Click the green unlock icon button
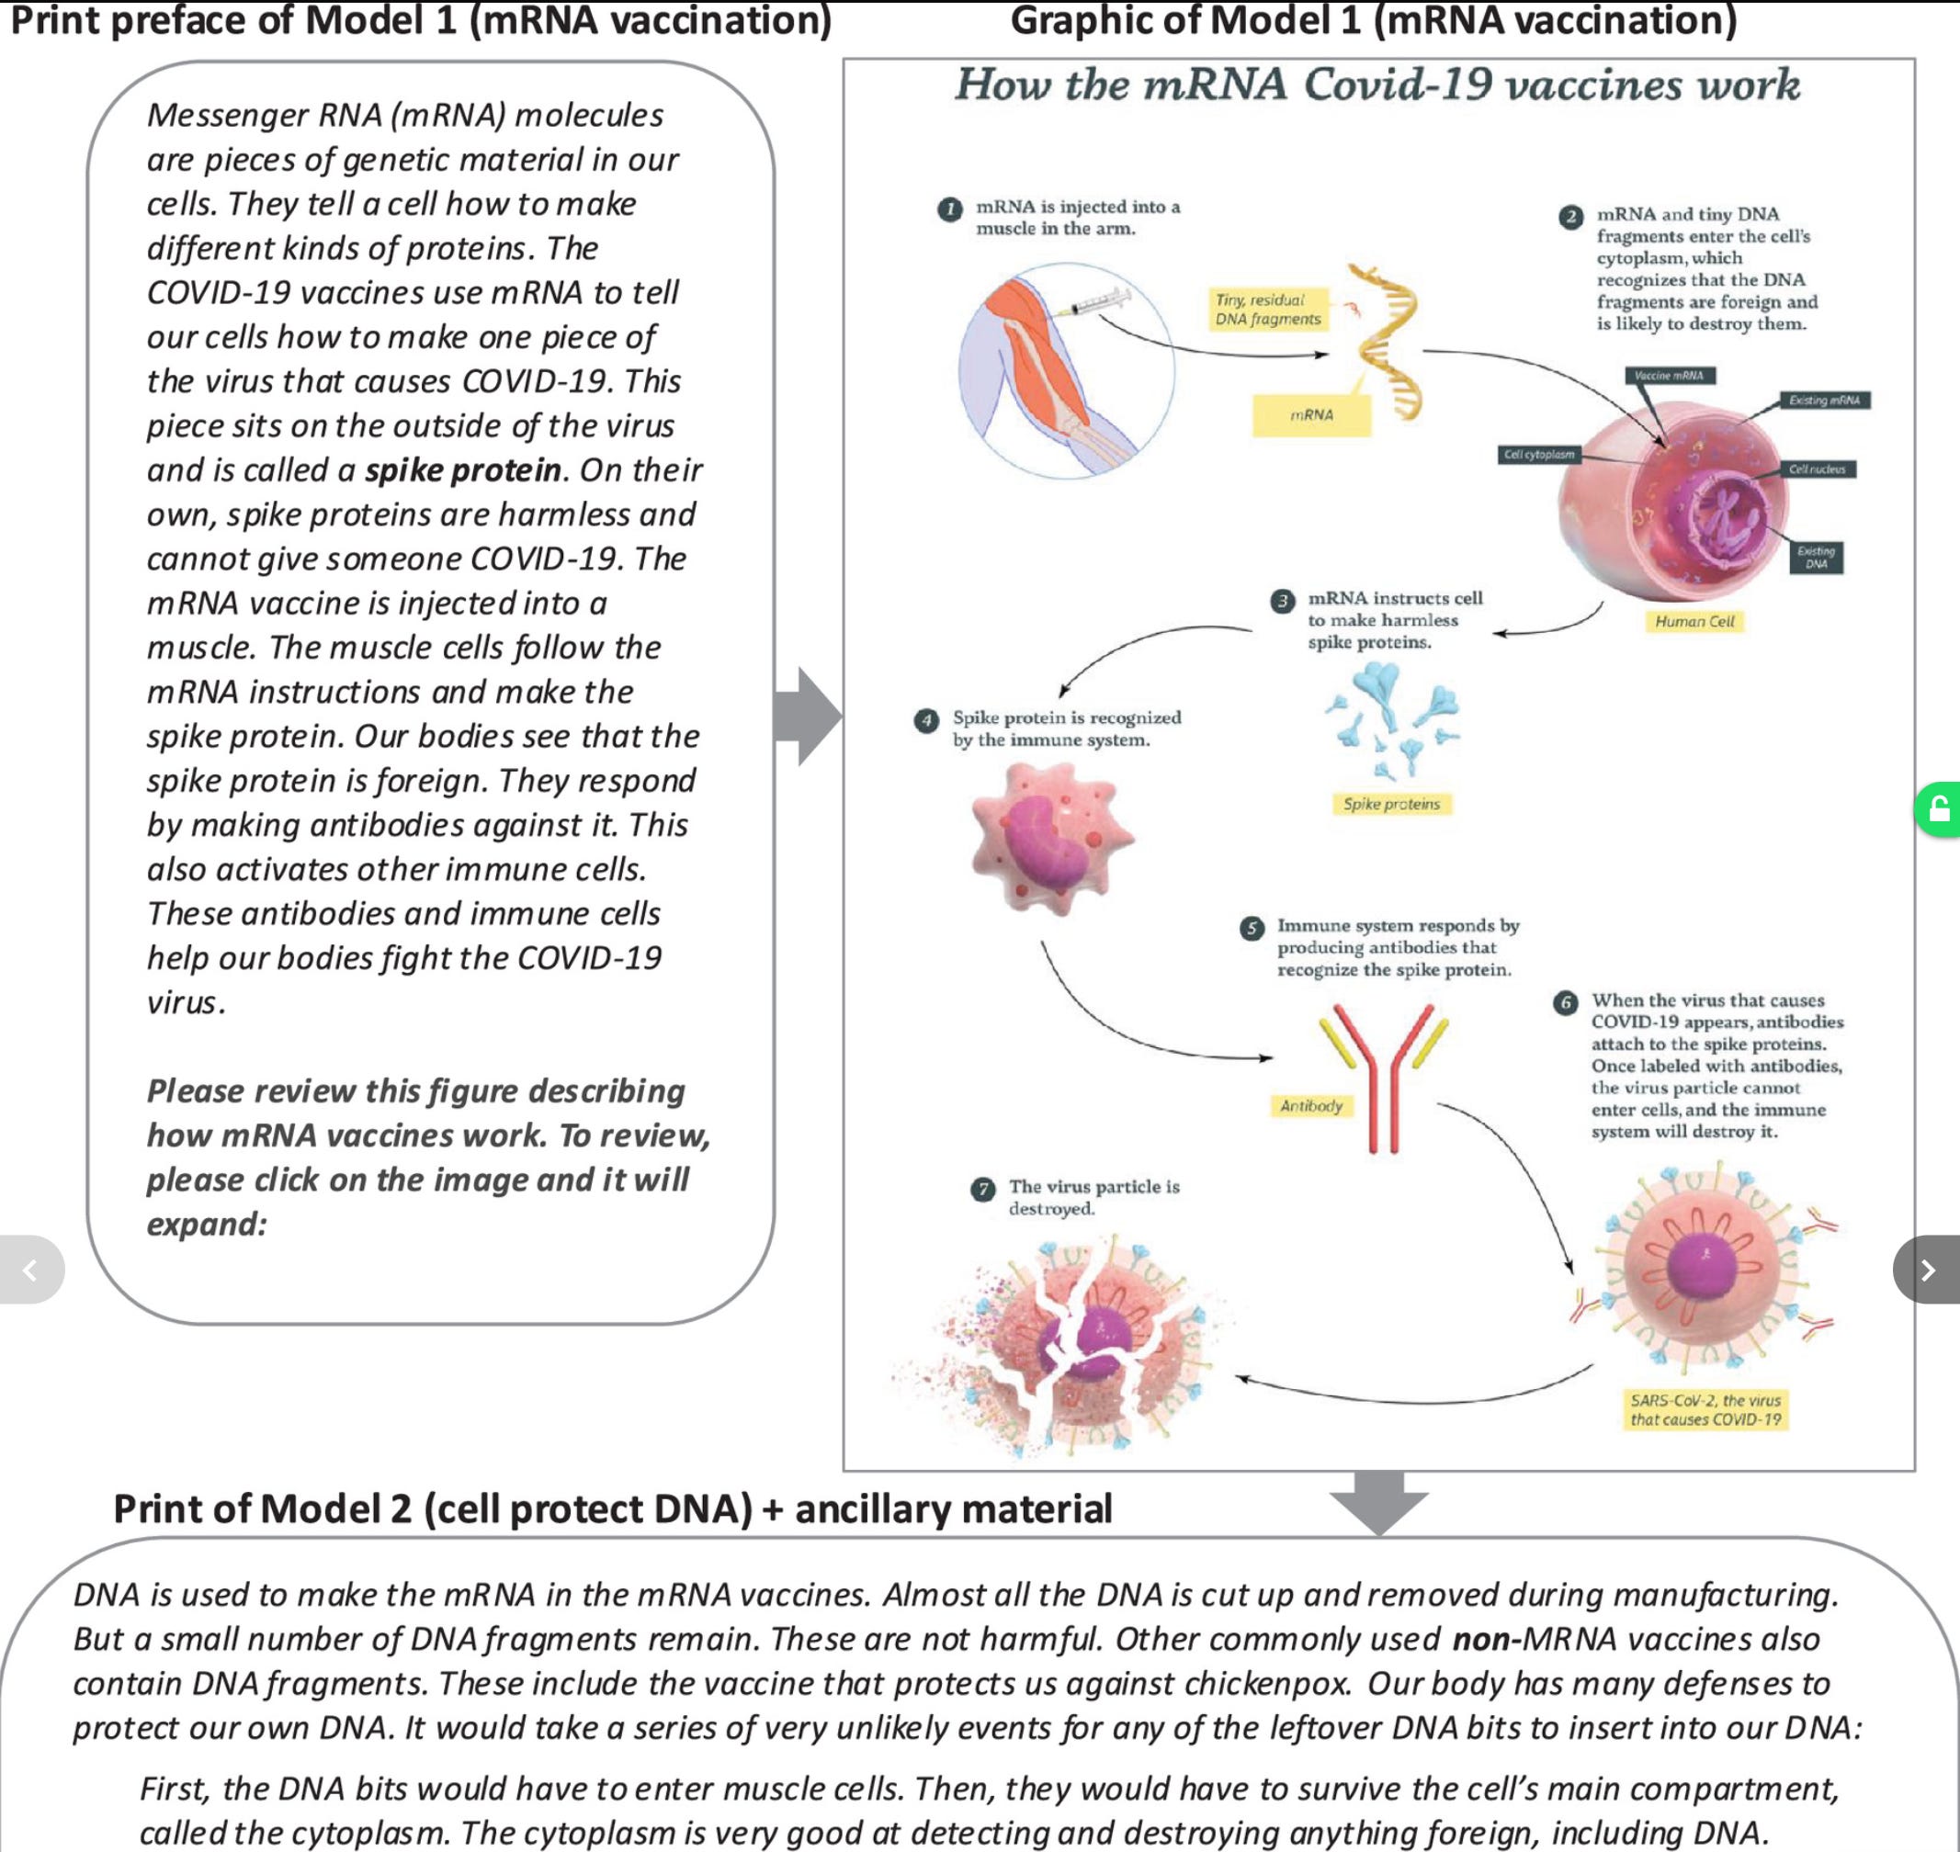pos(1938,809)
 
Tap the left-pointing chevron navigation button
pos(30,1270)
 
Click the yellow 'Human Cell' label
pos(1694,621)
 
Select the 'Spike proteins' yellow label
pos(1391,804)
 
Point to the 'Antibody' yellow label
pos(1311,1106)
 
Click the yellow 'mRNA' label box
pos(1311,414)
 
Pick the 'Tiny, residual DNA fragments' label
pos(1268,309)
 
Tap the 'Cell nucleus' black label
pos(1817,469)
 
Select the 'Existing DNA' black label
pos(1816,557)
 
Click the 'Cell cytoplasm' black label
pos(1538,454)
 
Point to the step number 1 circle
pos(950,209)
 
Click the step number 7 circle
pos(982,1189)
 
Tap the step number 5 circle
pos(1252,928)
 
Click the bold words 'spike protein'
pos(463,470)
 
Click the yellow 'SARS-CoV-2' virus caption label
pos(1705,1410)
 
